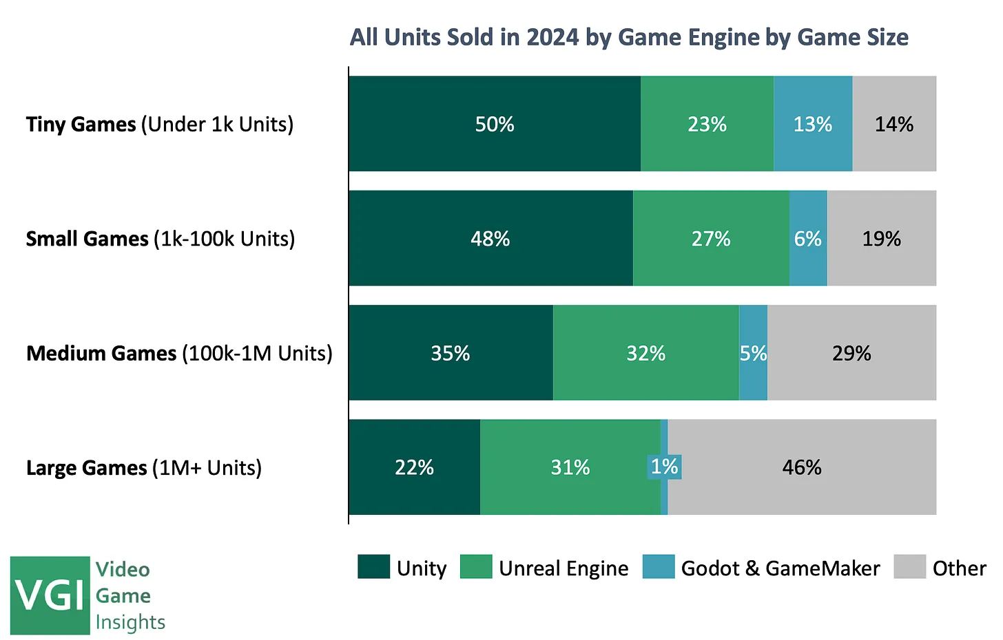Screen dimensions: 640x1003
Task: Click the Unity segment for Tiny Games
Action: [495, 124]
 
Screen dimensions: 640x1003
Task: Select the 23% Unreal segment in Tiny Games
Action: [707, 124]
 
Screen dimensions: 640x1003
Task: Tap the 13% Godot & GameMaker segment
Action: [813, 124]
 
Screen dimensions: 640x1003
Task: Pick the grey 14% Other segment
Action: [894, 124]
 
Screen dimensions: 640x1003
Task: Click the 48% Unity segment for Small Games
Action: [490, 238]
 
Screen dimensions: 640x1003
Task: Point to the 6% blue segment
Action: [808, 238]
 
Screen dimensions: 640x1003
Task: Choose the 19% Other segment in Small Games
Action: [882, 238]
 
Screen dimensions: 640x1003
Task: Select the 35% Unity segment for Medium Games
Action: [451, 352]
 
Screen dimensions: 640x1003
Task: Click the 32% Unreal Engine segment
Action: [645, 352]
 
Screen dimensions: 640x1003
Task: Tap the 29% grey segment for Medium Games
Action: [851, 352]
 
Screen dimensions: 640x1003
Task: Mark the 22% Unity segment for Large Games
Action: [414, 467]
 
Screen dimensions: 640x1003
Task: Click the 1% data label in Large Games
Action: [665, 467]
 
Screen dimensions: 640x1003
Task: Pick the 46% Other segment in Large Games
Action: [802, 467]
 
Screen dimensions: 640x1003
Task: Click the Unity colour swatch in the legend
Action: [373, 567]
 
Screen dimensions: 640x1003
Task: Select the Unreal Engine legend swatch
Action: [475, 567]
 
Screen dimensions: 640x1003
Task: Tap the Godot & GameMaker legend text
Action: [780, 568]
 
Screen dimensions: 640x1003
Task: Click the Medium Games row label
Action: [179, 353]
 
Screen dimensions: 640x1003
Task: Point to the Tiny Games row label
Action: [160, 124]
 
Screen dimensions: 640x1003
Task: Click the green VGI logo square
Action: [50, 595]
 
